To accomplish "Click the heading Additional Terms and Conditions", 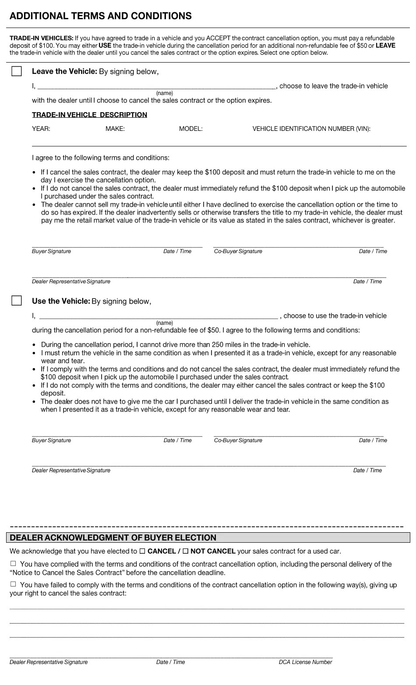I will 100,16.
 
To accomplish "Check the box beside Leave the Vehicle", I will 17,71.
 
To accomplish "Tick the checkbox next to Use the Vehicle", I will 17,301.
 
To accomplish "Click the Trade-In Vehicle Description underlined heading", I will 89,115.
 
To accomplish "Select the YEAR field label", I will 41,129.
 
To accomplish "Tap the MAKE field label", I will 115,129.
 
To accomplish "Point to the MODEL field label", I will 190,129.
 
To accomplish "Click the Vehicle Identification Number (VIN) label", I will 311,129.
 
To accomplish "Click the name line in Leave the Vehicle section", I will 158,86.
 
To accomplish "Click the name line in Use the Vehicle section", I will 158,316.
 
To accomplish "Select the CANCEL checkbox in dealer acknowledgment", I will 142,551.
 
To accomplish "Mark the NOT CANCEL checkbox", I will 185,551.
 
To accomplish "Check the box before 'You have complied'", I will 13,564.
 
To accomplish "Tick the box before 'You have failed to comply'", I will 13,584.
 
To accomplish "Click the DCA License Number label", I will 305,662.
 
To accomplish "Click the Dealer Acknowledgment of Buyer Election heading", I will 113,537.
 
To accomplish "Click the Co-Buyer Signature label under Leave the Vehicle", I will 238,251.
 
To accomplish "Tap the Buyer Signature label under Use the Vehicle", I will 51,440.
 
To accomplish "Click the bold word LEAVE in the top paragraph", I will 385,46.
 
